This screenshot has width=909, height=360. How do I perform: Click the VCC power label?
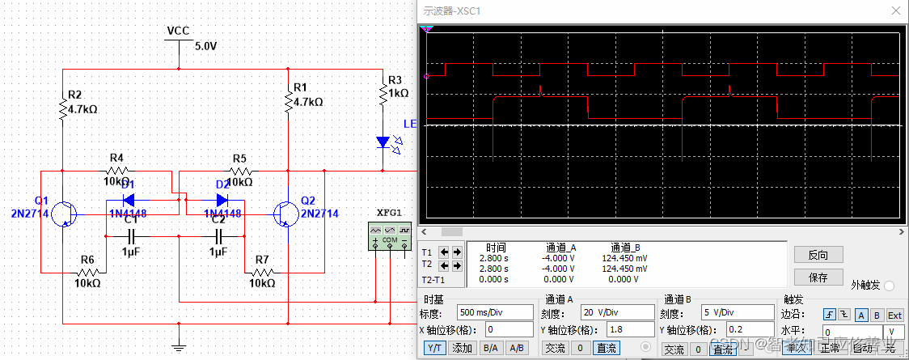click(x=178, y=31)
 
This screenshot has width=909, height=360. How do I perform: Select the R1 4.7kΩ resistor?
click(x=287, y=101)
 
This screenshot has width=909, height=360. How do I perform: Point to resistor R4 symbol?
click(x=116, y=171)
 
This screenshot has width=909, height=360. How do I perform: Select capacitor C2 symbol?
click(x=218, y=236)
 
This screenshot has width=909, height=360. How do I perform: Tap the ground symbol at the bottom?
click(x=179, y=345)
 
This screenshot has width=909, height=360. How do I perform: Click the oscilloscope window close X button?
click(x=895, y=11)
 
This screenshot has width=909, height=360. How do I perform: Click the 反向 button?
click(x=818, y=255)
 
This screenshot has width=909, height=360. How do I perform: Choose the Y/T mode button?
click(x=435, y=348)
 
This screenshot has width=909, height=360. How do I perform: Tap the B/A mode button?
click(x=489, y=348)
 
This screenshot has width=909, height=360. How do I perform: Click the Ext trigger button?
click(x=894, y=314)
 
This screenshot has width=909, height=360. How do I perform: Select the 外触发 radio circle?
click(x=889, y=286)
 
